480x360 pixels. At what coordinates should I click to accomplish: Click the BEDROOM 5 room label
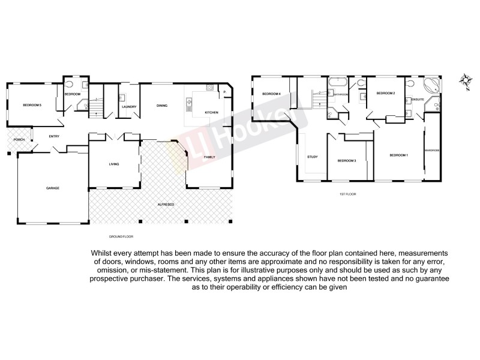click(x=32, y=106)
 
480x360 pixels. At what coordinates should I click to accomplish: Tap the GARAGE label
click(x=53, y=188)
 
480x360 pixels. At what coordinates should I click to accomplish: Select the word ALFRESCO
click(x=166, y=205)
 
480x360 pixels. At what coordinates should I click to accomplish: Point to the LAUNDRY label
click(x=129, y=107)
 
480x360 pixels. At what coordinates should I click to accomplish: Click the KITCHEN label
click(x=211, y=113)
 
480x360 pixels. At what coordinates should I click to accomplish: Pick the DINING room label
click(x=162, y=106)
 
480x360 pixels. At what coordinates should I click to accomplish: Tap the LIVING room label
click(x=114, y=164)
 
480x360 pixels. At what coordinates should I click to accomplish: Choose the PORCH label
click(x=18, y=140)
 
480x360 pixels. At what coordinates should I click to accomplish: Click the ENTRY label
click(x=54, y=136)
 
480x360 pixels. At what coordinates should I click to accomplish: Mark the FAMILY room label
click(x=209, y=157)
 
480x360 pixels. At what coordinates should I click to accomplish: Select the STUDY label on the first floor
click(x=312, y=157)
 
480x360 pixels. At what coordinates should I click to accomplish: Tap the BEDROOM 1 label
click(x=398, y=156)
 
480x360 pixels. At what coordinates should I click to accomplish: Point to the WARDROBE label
click(x=432, y=150)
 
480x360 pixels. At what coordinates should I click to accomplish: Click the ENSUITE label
click(x=418, y=99)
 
